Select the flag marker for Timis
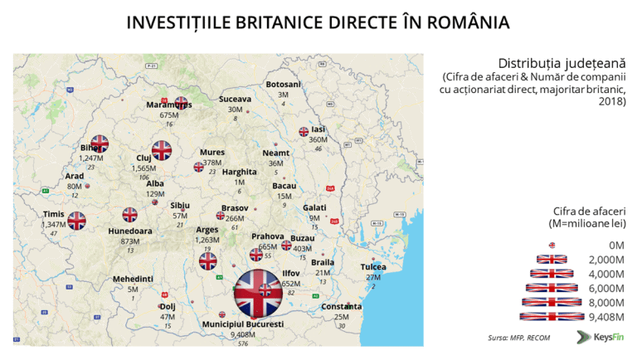click(x=76, y=221)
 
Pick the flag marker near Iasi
click(x=304, y=131)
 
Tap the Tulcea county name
click(x=373, y=266)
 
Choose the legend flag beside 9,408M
click(x=551, y=316)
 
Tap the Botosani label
click(x=284, y=84)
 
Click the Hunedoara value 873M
click(x=130, y=241)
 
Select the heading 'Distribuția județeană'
click(x=562, y=63)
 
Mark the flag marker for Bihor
click(x=100, y=143)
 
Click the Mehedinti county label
click(x=133, y=279)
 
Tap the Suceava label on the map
click(x=235, y=99)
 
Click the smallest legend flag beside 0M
click(x=552, y=245)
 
